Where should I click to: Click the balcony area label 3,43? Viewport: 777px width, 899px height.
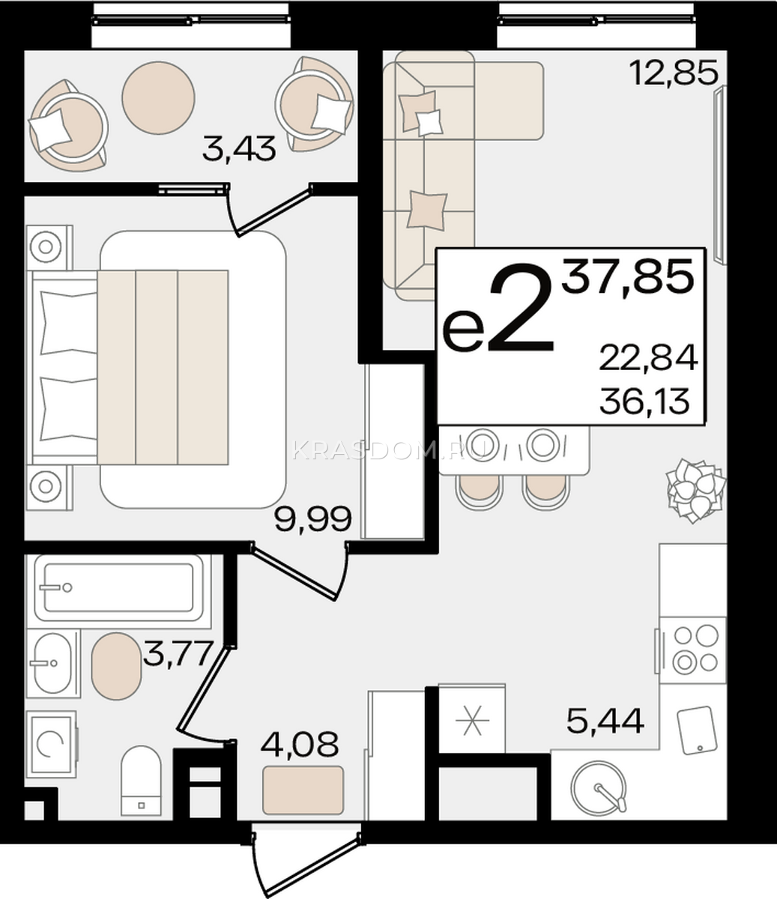pos(239,149)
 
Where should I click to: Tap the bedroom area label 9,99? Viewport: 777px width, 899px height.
pos(312,519)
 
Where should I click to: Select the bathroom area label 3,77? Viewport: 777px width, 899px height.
pos(178,654)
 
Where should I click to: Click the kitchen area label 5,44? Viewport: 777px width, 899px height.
pos(605,721)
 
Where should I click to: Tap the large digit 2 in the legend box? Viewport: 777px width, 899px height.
pos(521,307)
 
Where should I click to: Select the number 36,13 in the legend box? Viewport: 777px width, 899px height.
pos(644,402)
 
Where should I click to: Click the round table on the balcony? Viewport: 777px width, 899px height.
pos(158,98)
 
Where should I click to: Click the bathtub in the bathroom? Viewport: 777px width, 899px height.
pos(118,587)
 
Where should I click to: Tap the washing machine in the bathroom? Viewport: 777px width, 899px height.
pos(51,745)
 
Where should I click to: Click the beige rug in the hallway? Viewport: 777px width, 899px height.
pos(303,790)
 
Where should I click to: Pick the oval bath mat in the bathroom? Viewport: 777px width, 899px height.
pos(116,666)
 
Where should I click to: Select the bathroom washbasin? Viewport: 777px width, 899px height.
pos(53,663)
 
